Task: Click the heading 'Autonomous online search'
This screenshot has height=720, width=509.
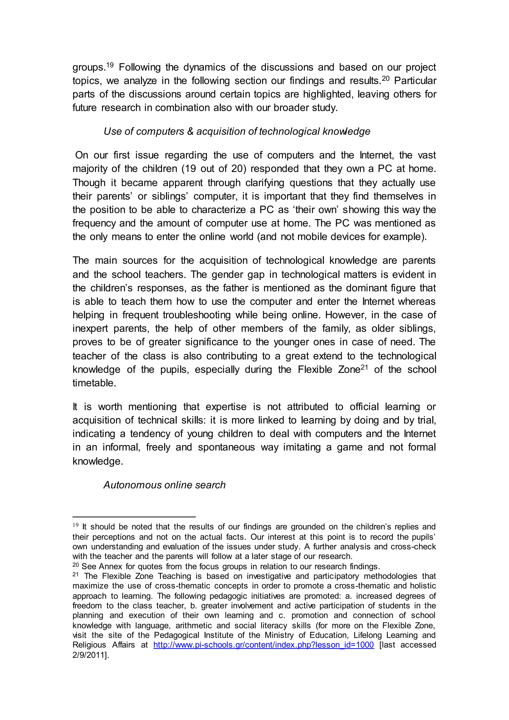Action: (164, 485)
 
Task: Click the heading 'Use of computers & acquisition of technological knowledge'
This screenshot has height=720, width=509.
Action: (237, 131)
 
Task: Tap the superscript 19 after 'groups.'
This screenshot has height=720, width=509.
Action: (109, 65)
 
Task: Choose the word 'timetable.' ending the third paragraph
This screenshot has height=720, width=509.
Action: (94, 383)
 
